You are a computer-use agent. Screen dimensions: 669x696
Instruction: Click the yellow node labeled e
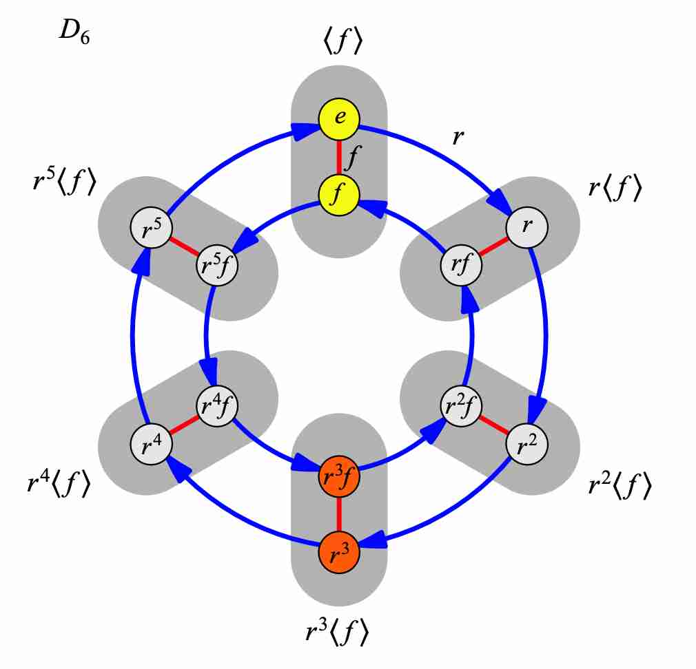pyautogui.click(x=339, y=118)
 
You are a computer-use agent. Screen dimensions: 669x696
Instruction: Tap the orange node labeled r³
pyautogui.click(x=339, y=553)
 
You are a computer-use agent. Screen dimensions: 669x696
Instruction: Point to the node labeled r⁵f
pyautogui.click(x=217, y=265)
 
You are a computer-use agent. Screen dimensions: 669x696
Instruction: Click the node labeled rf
pyautogui.click(x=461, y=265)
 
